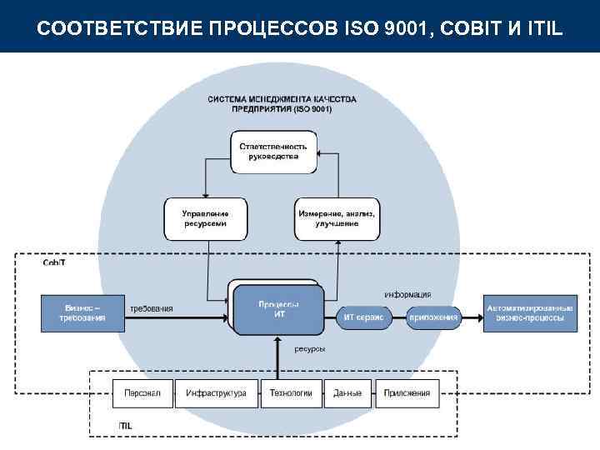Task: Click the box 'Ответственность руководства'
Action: point(273,152)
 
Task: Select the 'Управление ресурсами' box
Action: point(205,218)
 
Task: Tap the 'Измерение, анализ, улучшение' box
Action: point(337,218)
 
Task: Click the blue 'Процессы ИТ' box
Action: point(278,309)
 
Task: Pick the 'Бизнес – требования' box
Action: point(82,312)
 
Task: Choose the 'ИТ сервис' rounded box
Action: point(363,317)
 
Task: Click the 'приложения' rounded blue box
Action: point(433,317)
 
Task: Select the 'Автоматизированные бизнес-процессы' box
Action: point(530,312)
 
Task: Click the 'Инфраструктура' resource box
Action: point(216,393)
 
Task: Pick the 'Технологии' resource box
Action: point(291,393)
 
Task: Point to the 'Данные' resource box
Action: point(347,393)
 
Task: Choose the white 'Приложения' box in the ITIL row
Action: point(407,393)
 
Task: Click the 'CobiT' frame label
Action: point(53,262)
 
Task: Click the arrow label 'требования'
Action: point(152,308)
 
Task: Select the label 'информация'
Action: point(407,294)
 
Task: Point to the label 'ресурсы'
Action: point(309,349)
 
